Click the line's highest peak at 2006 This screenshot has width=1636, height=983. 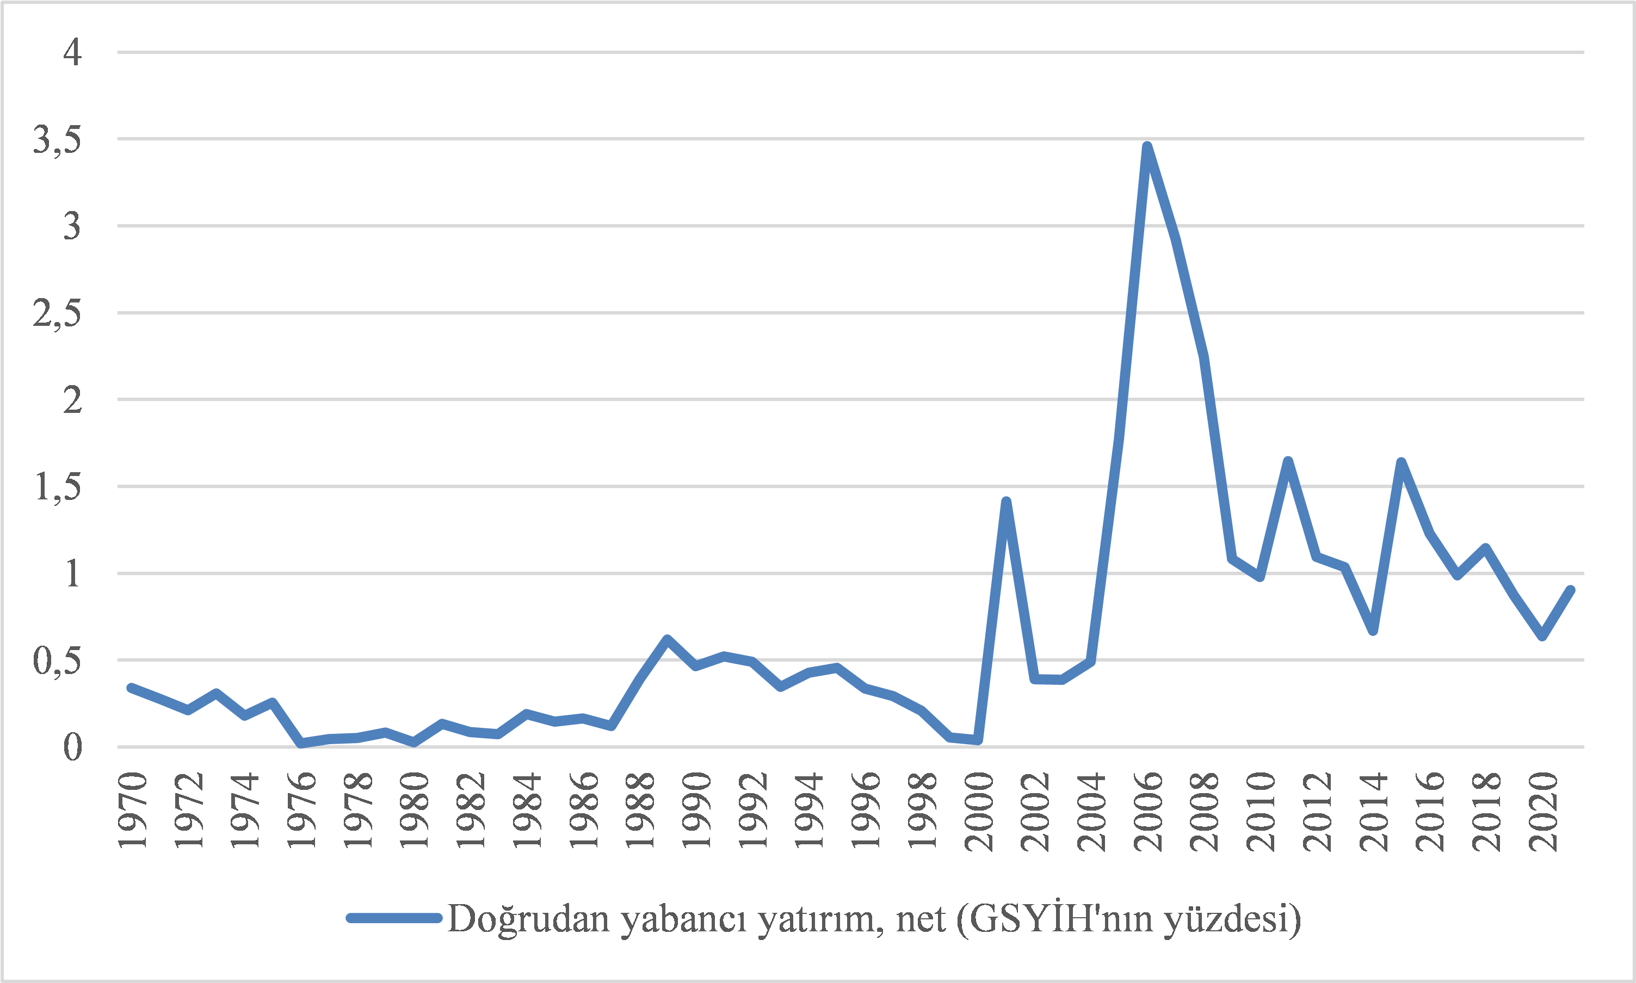pos(1146,147)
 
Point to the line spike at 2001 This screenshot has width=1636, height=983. pos(1006,502)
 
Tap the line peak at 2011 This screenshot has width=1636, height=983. pos(1288,461)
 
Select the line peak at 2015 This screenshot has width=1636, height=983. pos(1401,462)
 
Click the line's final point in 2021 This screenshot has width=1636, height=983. pos(1570,590)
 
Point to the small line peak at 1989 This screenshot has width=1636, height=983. pos(667,639)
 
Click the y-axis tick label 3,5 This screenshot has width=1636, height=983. pos(57,140)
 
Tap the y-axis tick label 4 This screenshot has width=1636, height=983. pos(72,52)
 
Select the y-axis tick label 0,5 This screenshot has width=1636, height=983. pos(57,660)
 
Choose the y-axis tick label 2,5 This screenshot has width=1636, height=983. pos(57,313)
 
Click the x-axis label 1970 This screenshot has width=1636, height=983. pos(132,812)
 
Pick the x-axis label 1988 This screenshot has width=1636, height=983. pos(640,812)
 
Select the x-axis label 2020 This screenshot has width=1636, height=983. pos(1542,812)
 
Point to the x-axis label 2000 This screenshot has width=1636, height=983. pos(979,812)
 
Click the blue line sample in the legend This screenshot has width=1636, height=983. pos(393,918)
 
